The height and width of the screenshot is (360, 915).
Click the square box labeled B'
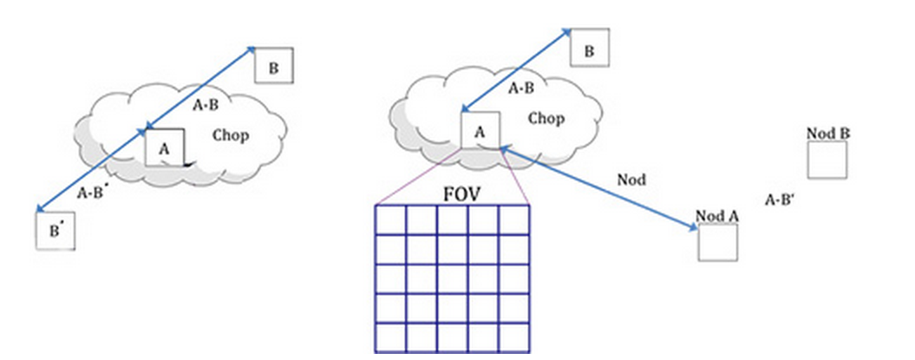(x=55, y=231)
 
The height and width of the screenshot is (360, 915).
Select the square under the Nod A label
(x=717, y=242)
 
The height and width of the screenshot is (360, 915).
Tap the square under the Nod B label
(x=827, y=160)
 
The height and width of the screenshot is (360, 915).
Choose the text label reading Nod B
(x=827, y=134)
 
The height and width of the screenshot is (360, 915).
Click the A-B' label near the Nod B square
(x=781, y=200)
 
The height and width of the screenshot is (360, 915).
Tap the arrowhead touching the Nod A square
(x=693, y=228)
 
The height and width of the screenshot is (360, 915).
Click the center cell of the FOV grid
(x=451, y=278)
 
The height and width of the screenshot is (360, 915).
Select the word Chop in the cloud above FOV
(x=546, y=118)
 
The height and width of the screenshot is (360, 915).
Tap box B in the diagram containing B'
(x=273, y=68)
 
